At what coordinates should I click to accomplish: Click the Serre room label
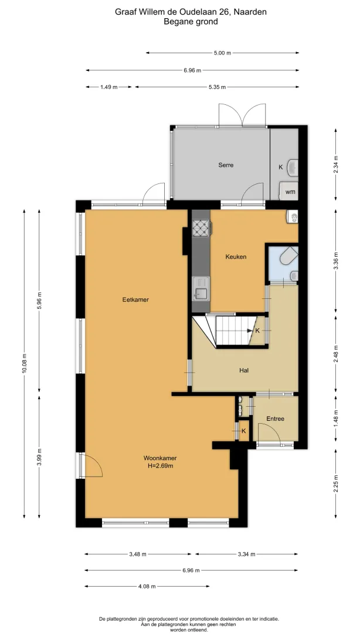click(x=226, y=165)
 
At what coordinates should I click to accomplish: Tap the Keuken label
click(x=236, y=257)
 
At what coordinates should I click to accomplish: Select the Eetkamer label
click(x=135, y=299)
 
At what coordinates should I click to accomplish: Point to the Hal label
click(x=244, y=370)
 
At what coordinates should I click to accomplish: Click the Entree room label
click(x=275, y=418)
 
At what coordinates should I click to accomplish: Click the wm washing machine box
click(x=288, y=192)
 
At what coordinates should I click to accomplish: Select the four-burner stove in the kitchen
click(x=201, y=228)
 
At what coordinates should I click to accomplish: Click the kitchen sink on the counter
click(x=201, y=288)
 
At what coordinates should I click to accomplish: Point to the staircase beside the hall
click(x=230, y=330)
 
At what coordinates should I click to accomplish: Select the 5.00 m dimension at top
click(x=222, y=53)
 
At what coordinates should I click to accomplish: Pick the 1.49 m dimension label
click(x=109, y=87)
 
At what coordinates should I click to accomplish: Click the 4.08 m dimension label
click(x=147, y=587)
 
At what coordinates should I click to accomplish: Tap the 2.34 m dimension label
click(x=336, y=165)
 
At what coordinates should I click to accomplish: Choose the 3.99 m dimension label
click(x=39, y=457)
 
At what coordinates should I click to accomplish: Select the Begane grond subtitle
click(x=191, y=22)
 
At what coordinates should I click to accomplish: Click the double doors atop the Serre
click(x=243, y=115)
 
